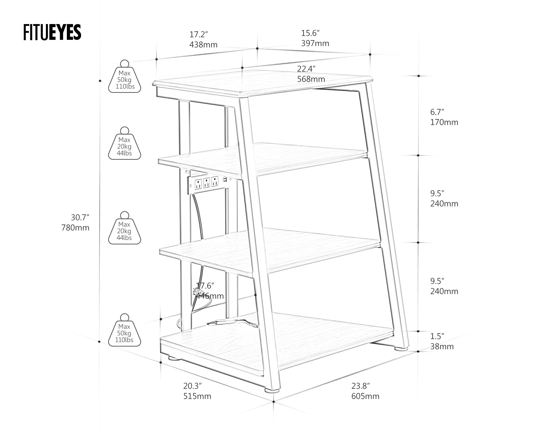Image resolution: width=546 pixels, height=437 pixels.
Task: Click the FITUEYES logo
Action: [52, 33]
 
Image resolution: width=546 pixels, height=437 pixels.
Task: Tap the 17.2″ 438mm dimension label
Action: [203, 40]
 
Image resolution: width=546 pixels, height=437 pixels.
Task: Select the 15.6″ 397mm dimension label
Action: [315, 38]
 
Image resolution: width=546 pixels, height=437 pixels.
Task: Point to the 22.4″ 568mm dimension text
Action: [311, 74]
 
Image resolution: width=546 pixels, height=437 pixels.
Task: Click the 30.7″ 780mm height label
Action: [76, 223]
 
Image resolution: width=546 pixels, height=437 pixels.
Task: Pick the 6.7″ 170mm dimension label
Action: [444, 117]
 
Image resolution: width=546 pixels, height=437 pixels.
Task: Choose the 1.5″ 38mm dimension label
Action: [442, 341]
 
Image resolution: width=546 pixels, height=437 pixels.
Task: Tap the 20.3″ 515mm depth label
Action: [197, 391]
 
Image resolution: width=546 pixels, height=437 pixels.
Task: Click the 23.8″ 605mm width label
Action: [365, 391]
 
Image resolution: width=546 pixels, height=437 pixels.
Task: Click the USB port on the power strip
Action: [225, 179]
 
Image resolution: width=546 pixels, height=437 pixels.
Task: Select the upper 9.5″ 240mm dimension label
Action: [444, 199]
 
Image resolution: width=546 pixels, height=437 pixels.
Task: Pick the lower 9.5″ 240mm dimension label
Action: [444, 286]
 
